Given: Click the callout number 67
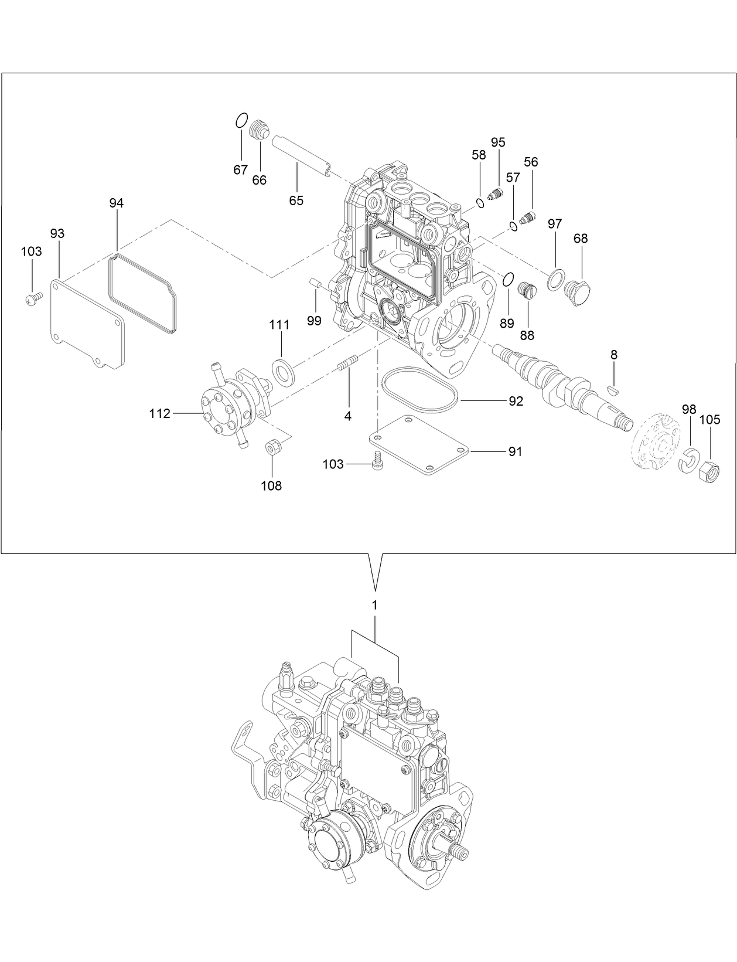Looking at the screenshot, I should [240, 170].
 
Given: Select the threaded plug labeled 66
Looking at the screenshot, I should [258, 130].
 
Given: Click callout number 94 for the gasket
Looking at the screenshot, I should [117, 203].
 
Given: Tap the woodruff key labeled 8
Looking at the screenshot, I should [613, 387].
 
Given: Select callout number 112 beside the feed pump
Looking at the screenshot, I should [159, 414].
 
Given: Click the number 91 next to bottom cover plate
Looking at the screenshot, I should [515, 452].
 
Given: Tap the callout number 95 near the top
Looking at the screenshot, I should [498, 142].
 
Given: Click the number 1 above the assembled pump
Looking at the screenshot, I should [375, 604].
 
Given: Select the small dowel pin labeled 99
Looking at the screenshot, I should [315, 285].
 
